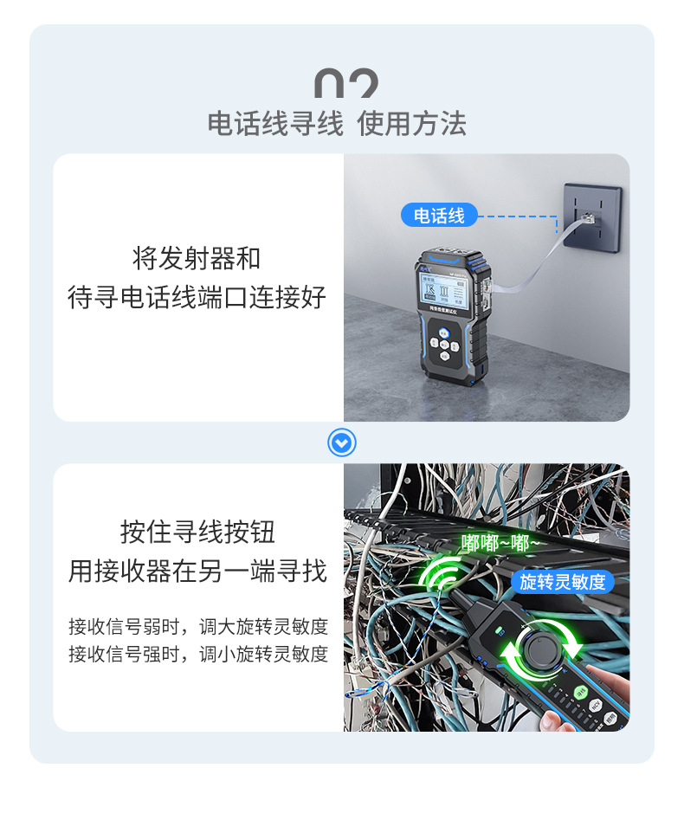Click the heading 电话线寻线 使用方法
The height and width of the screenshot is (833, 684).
click(337, 124)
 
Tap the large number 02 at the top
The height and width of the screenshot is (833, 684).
click(345, 84)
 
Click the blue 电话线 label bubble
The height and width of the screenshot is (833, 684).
click(440, 216)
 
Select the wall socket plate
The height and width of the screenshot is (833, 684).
click(592, 216)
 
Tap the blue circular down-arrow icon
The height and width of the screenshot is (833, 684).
click(342, 443)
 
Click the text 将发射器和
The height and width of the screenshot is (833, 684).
click(197, 258)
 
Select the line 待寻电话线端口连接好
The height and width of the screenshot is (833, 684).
click(197, 297)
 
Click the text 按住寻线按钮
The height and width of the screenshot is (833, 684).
click(197, 532)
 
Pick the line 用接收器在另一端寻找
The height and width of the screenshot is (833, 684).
click(197, 571)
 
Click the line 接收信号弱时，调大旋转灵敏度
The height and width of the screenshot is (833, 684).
click(198, 625)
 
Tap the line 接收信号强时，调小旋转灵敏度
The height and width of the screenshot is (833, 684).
click(198, 654)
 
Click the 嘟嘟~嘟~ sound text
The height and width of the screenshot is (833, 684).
click(500, 543)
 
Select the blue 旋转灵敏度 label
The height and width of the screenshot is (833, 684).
click(562, 582)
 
